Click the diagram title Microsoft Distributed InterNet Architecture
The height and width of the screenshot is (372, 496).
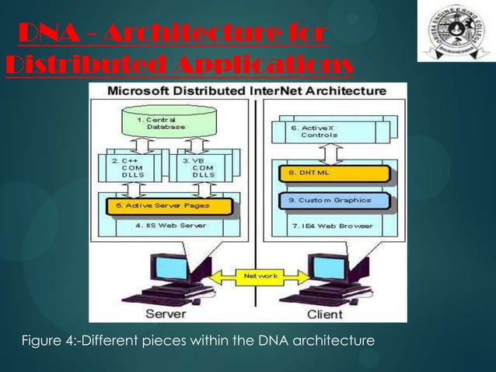coord(247,90)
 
